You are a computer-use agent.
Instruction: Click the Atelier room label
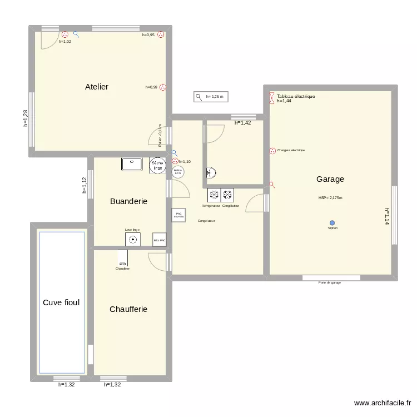[96, 87]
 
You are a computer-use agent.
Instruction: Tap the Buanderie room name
[128, 201]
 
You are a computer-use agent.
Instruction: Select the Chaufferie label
[128, 309]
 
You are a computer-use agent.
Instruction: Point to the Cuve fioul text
[61, 303]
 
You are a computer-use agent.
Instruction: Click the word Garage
[330, 179]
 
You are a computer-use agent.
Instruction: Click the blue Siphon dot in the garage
[332, 222]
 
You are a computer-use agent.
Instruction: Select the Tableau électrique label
[296, 96]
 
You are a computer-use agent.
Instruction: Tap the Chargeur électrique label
[290, 150]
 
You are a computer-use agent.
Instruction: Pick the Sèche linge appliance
[158, 165]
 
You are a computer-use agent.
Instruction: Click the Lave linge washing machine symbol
[133, 240]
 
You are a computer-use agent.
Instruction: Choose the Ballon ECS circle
[178, 172]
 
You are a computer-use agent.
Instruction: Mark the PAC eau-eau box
[178, 215]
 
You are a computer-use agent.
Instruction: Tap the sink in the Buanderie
[132, 164]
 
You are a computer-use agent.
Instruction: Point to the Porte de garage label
[330, 282]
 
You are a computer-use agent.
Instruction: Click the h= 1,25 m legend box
[211, 97]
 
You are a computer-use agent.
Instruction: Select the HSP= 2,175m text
[330, 198]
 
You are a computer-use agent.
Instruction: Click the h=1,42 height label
[242, 123]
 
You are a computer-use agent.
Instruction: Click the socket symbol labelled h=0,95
[161, 34]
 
